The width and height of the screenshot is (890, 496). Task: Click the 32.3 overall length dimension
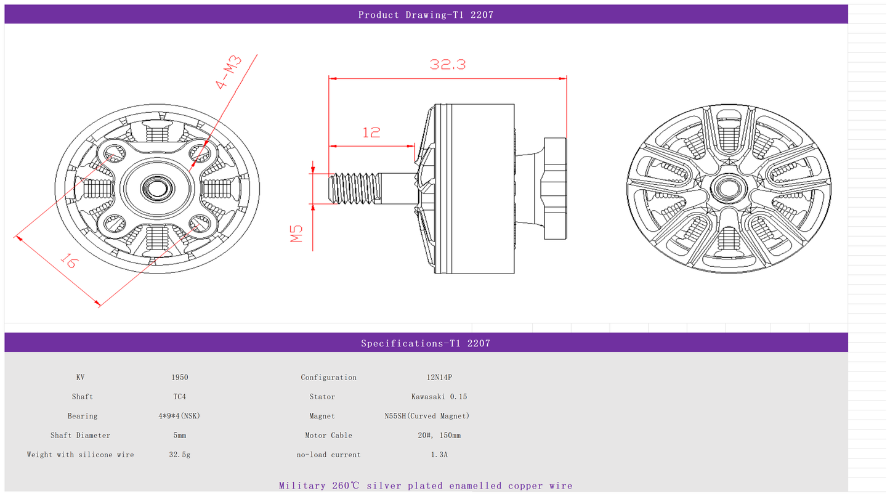(x=448, y=64)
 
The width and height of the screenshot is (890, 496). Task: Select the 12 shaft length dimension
(x=371, y=132)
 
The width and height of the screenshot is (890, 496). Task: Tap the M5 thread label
(x=297, y=234)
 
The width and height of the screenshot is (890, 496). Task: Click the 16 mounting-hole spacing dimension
(x=70, y=261)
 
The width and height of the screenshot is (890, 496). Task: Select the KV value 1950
(x=180, y=377)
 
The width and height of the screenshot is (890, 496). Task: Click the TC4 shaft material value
(x=180, y=397)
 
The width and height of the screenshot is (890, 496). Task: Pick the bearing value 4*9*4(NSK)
(x=179, y=416)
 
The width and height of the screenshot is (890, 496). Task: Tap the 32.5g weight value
(x=180, y=455)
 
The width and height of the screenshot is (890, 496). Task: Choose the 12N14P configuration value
(x=439, y=377)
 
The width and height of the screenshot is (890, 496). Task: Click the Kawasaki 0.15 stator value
(x=439, y=397)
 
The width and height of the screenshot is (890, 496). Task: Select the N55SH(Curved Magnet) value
(x=426, y=416)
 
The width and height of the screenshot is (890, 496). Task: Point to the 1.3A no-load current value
(x=439, y=455)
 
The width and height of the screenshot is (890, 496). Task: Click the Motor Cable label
(x=328, y=436)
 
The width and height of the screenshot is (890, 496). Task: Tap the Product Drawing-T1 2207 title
(x=426, y=15)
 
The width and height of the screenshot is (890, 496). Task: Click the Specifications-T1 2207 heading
(x=426, y=343)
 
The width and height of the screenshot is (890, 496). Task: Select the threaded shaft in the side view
(x=354, y=188)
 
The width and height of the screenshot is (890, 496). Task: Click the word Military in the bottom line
(x=302, y=486)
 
